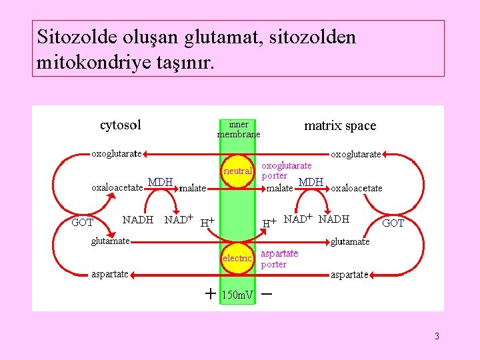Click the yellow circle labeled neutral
pyautogui.click(x=238, y=171)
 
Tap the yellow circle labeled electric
pyautogui.click(x=238, y=258)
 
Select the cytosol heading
pyautogui.click(x=120, y=125)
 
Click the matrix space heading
pyautogui.click(x=340, y=125)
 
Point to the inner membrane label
pyautogui.click(x=238, y=129)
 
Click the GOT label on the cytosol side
pyautogui.click(x=82, y=223)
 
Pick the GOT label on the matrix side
pyautogui.click(x=393, y=223)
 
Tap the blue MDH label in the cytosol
pyautogui.click(x=160, y=182)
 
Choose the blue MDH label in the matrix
pyautogui.click(x=311, y=182)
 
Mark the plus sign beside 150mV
pyautogui.click(x=210, y=293)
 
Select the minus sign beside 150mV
pyautogui.click(x=267, y=293)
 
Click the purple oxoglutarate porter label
pyautogui.click(x=286, y=171)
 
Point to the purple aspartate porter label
pyautogui.click(x=279, y=259)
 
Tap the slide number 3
pyautogui.click(x=437, y=336)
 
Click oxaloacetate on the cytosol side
pyautogui.click(x=117, y=187)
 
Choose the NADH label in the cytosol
pyautogui.click(x=138, y=219)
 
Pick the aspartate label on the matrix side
pyautogui.click(x=349, y=275)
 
